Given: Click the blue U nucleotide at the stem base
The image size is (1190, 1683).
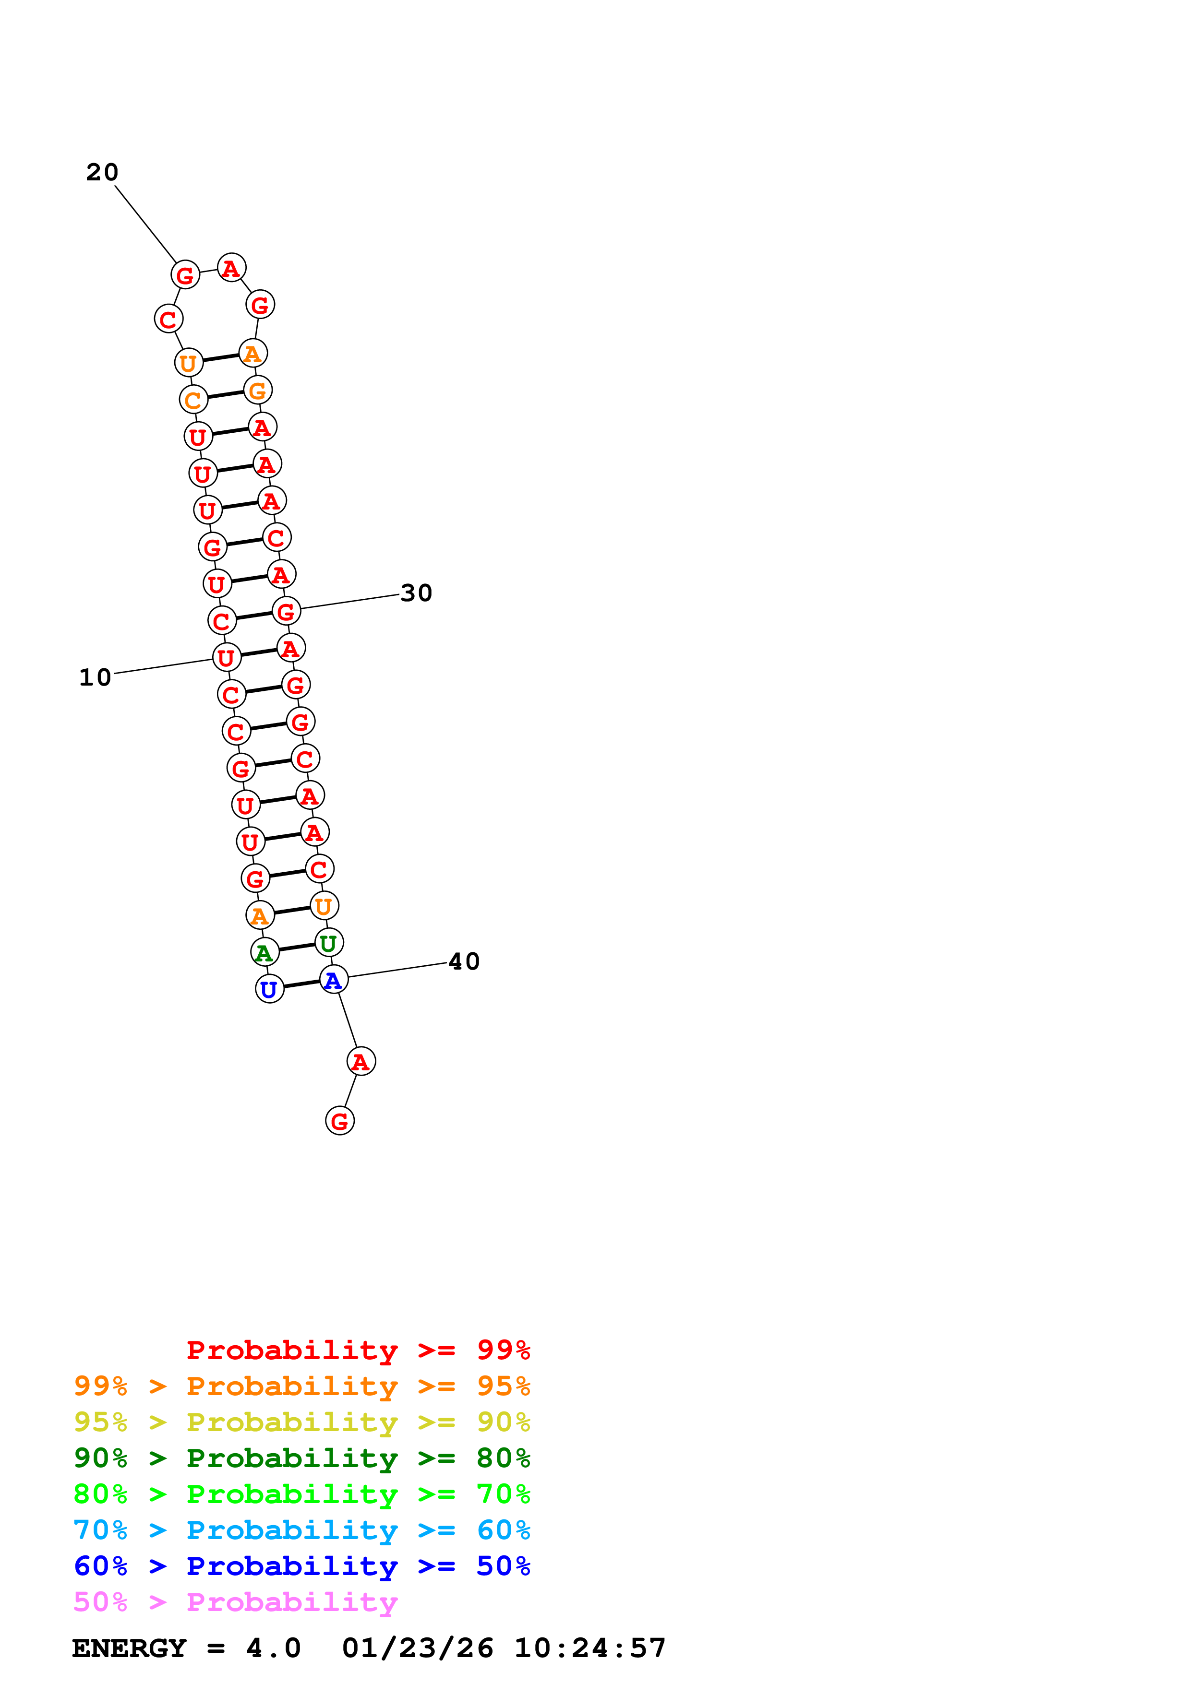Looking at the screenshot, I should point(269,989).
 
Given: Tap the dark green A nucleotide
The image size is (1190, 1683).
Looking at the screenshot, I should point(264,952).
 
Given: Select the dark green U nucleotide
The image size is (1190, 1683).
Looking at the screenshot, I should point(328,943).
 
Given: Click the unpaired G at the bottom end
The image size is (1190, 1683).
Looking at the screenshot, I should point(339,1120).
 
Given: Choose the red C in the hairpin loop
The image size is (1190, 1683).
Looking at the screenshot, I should point(168,319).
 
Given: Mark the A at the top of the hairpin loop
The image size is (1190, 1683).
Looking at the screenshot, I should point(231,268).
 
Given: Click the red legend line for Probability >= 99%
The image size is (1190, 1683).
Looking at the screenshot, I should point(358,1350).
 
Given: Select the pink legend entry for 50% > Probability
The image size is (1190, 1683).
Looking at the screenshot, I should point(235,1602).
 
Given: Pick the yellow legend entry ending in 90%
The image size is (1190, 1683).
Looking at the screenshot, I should point(301,1422).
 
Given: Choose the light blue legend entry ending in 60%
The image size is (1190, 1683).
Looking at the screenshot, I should point(301,1530).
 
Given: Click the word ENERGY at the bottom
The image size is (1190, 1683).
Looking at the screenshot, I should point(129,1648).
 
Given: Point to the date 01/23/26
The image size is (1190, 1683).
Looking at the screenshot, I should point(417,1648).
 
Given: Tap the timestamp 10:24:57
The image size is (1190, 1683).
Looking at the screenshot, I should point(589,1648).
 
